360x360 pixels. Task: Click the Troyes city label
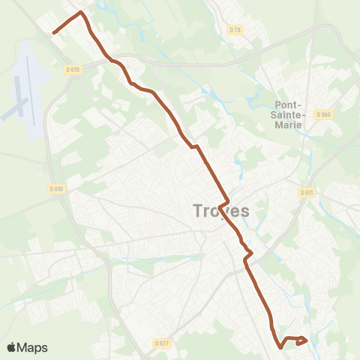click(221, 211)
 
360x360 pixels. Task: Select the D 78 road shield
click(235, 30)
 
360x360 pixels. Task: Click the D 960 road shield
click(323, 115)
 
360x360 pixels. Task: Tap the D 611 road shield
click(306, 193)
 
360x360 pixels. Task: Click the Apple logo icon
click(12, 347)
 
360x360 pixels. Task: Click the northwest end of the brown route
click(54, 32)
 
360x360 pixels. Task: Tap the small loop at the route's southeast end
click(301, 341)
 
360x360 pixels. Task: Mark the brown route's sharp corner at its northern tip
click(81, 13)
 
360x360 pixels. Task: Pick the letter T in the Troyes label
click(198, 211)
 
